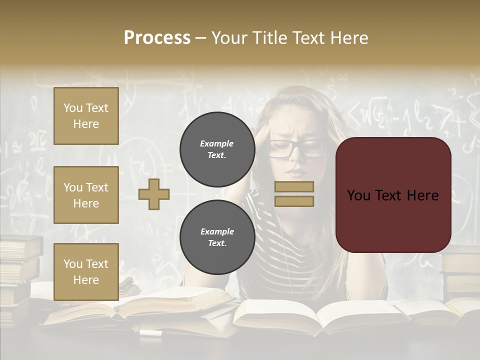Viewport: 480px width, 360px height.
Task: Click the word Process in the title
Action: (157, 38)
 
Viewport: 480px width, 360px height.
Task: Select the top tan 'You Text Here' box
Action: (86, 116)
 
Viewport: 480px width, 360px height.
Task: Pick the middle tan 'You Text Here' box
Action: (86, 195)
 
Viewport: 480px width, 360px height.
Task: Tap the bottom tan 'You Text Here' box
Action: (86, 271)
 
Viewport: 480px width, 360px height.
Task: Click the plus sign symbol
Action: (154, 194)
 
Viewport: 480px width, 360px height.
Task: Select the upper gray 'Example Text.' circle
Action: (217, 149)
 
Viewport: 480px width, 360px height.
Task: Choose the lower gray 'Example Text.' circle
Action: (217, 237)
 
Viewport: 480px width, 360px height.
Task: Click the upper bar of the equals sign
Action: (294, 186)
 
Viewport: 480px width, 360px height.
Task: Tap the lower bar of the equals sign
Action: (294, 201)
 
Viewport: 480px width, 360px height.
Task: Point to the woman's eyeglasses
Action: (296, 148)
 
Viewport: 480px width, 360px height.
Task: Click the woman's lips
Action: (295, 172)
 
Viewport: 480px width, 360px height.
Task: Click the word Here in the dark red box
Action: (422, 195)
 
